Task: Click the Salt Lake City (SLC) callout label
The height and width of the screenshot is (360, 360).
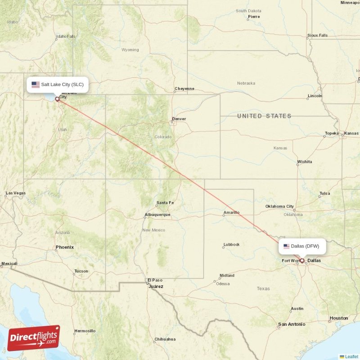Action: [58, 84]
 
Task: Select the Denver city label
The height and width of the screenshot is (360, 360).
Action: [179, 119]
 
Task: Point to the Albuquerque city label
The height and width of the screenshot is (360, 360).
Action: [157, 215]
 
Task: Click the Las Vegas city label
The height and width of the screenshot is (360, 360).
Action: [15, 193]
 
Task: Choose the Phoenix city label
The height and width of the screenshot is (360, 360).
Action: [65, 247]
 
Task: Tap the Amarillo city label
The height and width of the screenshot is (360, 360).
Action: [232, 212]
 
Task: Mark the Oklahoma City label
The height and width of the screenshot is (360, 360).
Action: [279, 207]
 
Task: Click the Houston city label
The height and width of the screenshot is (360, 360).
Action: [339, 318]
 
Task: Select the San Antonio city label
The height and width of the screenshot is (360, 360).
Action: [292, 324]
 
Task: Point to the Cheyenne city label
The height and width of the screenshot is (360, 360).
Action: [184, 89]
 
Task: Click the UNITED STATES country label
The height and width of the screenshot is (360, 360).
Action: [264, 116]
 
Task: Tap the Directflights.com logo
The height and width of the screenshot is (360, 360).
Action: [34, 338]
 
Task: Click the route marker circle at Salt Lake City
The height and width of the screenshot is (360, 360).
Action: [57, 99]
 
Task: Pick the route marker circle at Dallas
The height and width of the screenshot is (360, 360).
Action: [302, 261]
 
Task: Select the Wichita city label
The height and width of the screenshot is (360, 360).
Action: [305, 162]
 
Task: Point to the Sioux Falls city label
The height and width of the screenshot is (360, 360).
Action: [317, 35]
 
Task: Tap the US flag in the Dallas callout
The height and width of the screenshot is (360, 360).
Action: [286, 246]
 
